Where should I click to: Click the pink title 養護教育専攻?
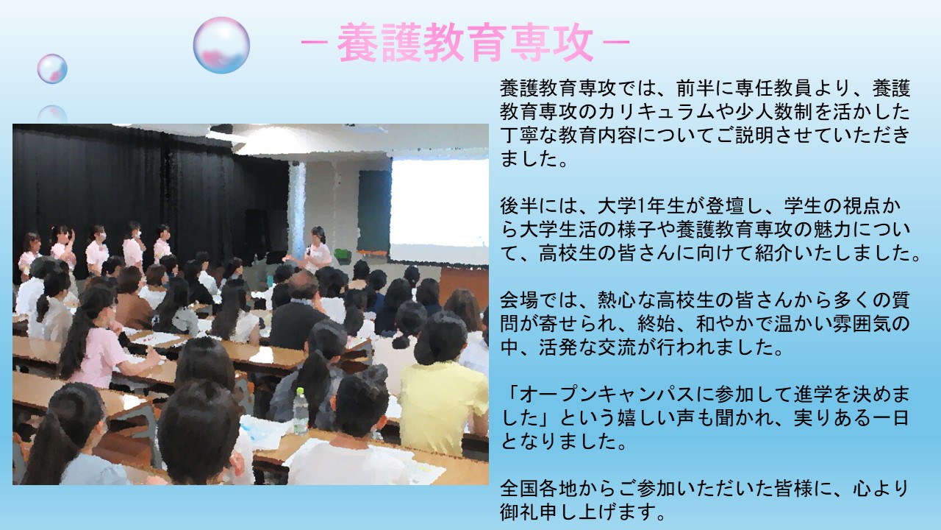tap(465, 43)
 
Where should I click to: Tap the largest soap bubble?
tap(221, 45)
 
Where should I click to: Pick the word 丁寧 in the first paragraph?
tap(519, 136)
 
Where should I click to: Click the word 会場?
tap(519, 300)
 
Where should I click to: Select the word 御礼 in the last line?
tap(519, 512)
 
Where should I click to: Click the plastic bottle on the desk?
tap(301, 411)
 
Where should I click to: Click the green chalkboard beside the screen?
tap(374, 211)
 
